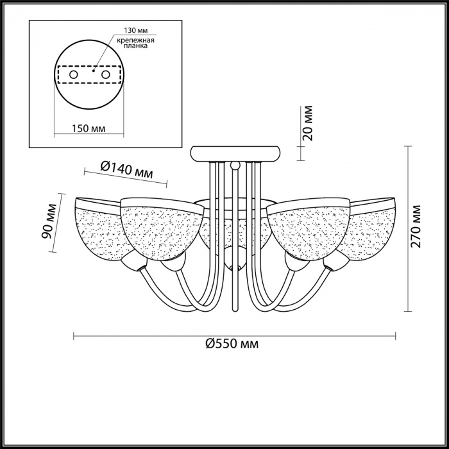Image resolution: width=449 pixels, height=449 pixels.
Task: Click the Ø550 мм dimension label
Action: pyautogui.click(x=232, y=343)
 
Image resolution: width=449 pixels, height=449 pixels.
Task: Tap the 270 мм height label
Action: pyautogui.click(x=416, y=226)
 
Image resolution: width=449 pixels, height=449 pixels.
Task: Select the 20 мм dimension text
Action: pyautogui.click(x=307, y=123)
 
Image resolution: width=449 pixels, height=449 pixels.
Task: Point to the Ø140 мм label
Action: pyautogui.click(x=127, y=169)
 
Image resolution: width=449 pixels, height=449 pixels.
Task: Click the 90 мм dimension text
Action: pyautogui.click(x=48, y=221)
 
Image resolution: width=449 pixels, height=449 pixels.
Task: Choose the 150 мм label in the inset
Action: pyautogui.click(x=89, y=128)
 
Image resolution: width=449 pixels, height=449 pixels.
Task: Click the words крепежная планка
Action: pyautogui.click(x=136, y=43)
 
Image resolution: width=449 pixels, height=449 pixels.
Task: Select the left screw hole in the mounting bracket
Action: pyautogui.click(x=74, y=75)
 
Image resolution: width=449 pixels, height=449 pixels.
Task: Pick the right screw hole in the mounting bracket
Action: pyautogui.click(x=106, y=75)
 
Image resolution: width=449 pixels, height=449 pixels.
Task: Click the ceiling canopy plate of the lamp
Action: pyautogui.click(x=235, y=154)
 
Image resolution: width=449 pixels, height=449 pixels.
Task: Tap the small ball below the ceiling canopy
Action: pyautogui.click(x=235, y=165)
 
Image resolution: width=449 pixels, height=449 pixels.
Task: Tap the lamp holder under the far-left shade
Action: pyautogui.click(x=134, y=261)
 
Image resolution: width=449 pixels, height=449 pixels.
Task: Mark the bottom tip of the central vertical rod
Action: pyautogui.click(x=235, y=311)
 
